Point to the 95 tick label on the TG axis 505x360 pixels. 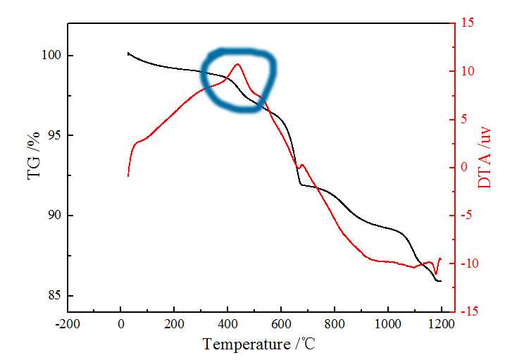coord(55,135)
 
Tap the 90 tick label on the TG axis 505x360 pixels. coord(55,216)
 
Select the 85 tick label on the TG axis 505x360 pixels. coord(55,295)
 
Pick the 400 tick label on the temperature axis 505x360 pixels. coord(227,325)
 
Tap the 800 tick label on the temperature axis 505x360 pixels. coord(335,325)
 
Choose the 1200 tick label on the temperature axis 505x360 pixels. coord(442,325)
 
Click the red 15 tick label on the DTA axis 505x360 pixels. coord(468,23)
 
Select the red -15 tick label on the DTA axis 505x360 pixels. coord(470,311)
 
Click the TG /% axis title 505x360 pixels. coord(33,149)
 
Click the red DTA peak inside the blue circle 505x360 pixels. coord(238,64)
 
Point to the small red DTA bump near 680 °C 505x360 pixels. coord(302,166)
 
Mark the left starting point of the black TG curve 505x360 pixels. coord(127,53)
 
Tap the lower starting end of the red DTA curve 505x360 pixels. coord(128,175)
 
